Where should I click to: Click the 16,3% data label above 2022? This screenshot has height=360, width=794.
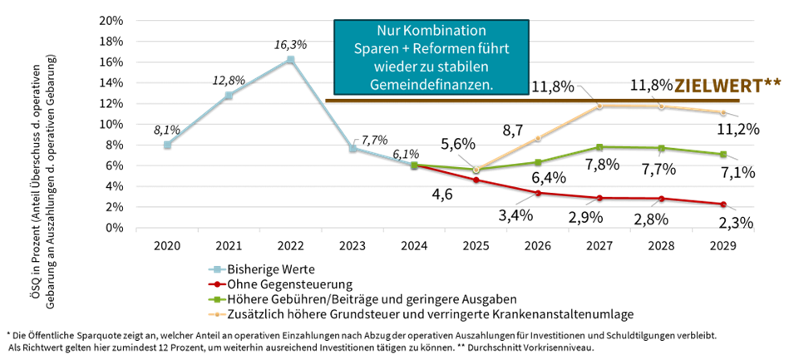pos(290,45)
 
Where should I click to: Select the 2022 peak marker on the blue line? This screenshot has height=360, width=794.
pos(290,60)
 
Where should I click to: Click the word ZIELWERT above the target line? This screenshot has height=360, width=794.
pos(720,86)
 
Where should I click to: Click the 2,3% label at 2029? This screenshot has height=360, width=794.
pos(736,222)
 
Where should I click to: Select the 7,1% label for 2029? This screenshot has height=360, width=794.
pos(738,173)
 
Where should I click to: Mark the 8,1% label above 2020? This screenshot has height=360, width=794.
pos(167,130)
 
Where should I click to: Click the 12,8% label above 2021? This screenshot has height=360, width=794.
pos(229,81)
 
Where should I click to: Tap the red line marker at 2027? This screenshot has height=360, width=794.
pos(599,198)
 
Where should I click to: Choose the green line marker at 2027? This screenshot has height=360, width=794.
pos(599,147)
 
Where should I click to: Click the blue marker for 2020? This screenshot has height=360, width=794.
pos(167,145)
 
